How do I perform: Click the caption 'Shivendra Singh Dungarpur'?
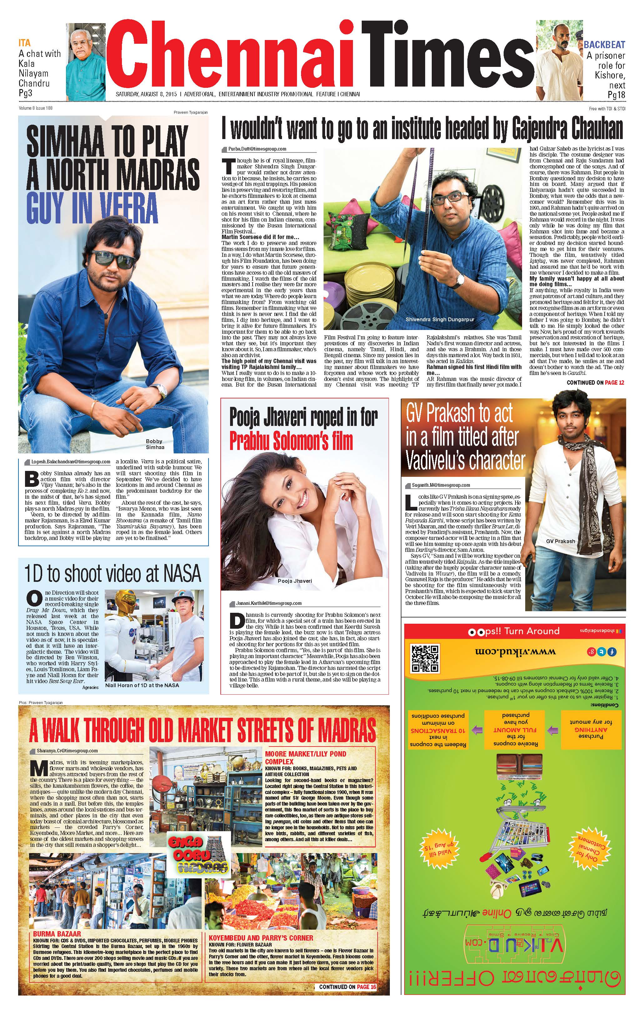click(440, 320)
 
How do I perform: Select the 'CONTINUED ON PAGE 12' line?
click(595, 383)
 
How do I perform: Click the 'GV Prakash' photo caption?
click(560, 541)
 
